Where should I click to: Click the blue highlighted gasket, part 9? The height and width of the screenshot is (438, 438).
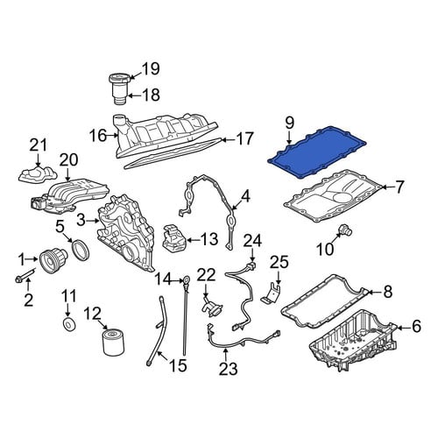317,152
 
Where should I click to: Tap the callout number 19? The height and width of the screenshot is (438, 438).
151,69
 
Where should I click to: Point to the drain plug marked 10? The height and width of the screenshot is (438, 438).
345,230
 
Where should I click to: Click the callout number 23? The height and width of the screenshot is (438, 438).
229,368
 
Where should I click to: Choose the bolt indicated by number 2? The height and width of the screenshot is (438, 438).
25,275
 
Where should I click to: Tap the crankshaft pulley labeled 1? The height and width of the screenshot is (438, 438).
53,260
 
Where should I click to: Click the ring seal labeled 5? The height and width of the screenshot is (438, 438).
81,251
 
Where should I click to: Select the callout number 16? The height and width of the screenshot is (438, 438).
98,136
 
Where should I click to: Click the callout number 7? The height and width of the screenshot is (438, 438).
399,187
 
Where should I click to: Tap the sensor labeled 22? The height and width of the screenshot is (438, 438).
212,309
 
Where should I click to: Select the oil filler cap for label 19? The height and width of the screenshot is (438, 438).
120,78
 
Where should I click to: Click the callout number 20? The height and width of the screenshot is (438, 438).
69,159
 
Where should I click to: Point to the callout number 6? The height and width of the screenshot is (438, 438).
416,327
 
